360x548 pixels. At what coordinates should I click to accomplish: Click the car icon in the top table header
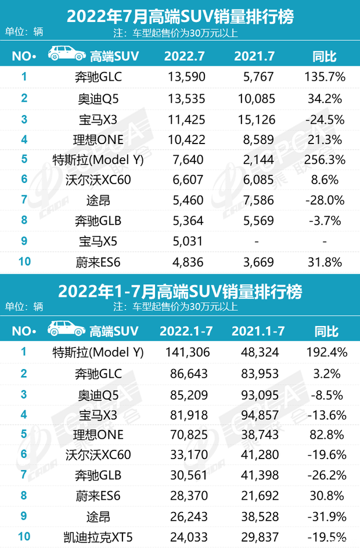click(64, 56)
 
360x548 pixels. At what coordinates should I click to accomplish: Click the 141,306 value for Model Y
click(183, 352)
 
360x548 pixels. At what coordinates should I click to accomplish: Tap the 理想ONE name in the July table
click(96, 139)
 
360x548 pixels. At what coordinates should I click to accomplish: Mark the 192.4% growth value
click(326, 352)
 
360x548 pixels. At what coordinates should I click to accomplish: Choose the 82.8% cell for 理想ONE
click(326, 434)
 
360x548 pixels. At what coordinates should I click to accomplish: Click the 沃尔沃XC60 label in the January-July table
click(96, 454)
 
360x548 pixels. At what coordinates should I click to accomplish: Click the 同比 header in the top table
click(325, 56)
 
